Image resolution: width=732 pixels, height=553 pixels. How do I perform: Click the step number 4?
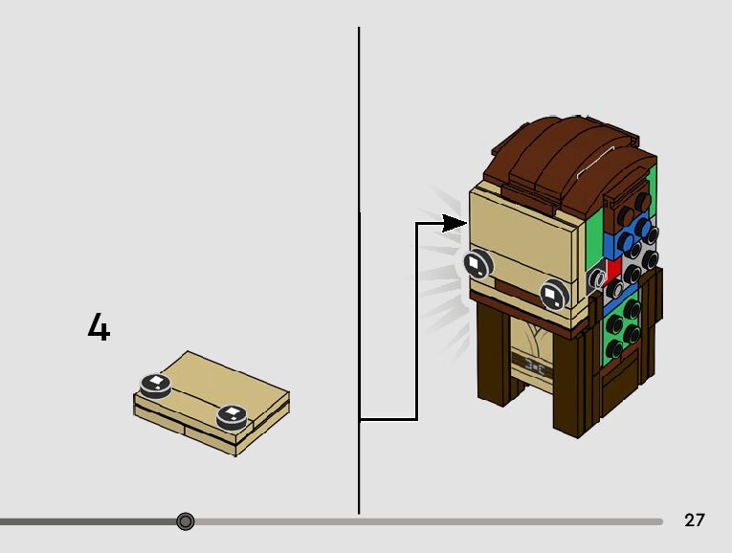click(x=99, y=328)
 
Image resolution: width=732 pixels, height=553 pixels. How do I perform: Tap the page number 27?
click(x=695, y=520)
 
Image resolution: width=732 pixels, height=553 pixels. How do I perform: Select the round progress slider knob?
click(x=186, y=521)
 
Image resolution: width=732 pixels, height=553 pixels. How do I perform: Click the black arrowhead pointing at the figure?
click(x=454, y=223)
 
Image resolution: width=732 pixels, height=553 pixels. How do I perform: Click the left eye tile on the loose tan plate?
click(x=155, y=385)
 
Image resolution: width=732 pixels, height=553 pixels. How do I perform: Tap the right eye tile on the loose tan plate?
click(x=232, y=415)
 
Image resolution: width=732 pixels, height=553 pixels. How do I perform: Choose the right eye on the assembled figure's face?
click(x=553, y=295)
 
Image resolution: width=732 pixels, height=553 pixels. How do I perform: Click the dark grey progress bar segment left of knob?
click(x=86, y=521)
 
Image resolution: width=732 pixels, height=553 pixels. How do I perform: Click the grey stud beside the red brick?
click(x=596, y=278)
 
